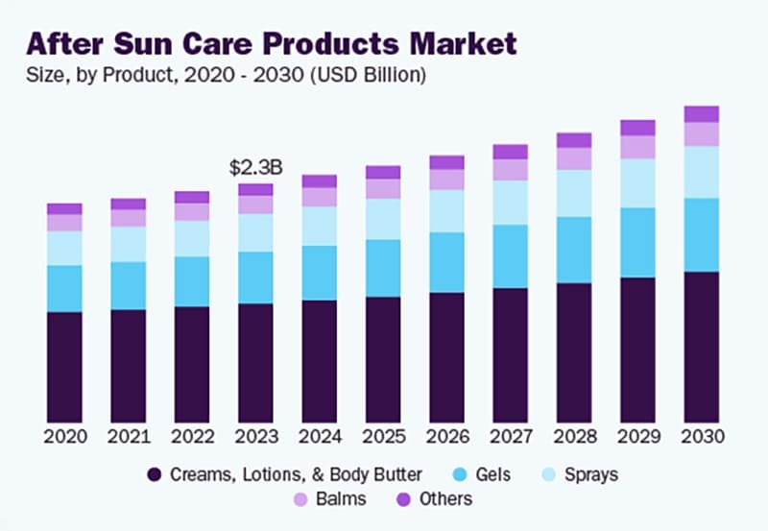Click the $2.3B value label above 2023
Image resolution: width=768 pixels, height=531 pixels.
(255, 167)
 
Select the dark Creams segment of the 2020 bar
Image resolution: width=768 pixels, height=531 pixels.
(64, 367)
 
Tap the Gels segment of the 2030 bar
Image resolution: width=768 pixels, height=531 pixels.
(702, 235)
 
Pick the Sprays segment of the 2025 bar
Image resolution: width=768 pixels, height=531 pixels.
(383, 219)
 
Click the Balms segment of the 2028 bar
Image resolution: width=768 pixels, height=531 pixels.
(574, 158)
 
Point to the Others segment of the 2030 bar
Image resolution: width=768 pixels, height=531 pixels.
(702, 113)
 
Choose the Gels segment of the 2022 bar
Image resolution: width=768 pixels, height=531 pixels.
(192, 281)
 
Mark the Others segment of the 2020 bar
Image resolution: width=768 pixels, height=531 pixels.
(64, 208)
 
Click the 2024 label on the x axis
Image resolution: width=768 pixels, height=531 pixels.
(319, 437)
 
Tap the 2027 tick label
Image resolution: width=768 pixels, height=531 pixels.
(511, 437)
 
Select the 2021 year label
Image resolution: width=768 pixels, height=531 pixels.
(128, 437)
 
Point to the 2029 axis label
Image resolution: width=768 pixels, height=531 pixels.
(638, 437)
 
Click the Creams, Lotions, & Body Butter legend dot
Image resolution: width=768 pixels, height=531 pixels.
(154, 474)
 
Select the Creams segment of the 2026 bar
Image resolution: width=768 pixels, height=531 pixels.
(446, 357)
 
